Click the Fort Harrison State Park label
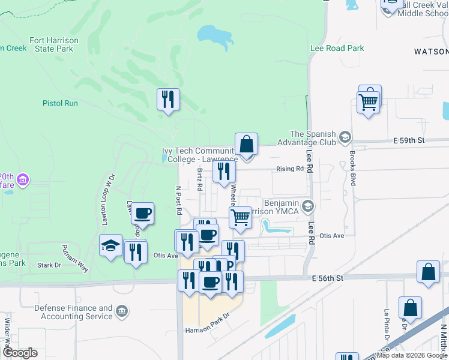click(x=54, y=44)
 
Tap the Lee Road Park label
click(x=337, y=48)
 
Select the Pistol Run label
click(x=60, y=103)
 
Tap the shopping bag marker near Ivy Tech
click(x=246, y=145)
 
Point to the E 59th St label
click(x=409, y=140)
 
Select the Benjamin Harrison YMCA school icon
click(x=308, y=206)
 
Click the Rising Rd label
click(x=290, y=169)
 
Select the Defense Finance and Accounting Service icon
click(x=122, y=311)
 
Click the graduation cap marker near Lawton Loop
click(x=110, y=245)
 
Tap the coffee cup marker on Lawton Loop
click(x=143, y=213)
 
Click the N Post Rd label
click(x=178, y=200)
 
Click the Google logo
click(x=20, y=353)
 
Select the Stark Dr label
click(x=49, y=265)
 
